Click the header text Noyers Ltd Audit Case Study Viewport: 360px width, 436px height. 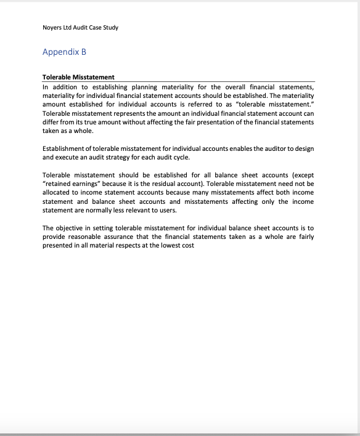(x=80, y=28)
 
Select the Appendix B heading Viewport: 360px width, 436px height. (x=64, y=52)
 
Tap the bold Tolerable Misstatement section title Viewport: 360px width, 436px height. (x=78, y=78)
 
